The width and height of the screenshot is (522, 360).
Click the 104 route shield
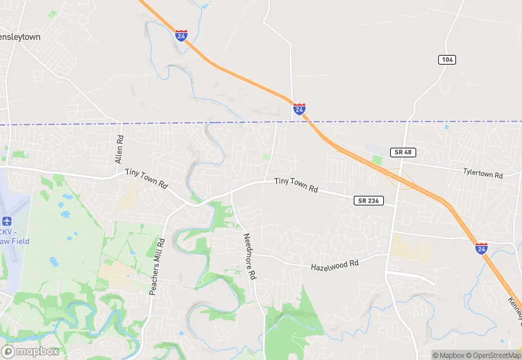(x=447, y=60)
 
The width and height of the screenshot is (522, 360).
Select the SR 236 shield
(x=366, y=201)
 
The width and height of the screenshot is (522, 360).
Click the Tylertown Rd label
(x=483, y=173)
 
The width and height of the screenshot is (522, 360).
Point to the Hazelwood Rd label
(x=334, y=265)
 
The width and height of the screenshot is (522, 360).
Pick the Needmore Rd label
(x=249, y=256)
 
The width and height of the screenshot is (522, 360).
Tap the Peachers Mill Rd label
(x=157, y=266)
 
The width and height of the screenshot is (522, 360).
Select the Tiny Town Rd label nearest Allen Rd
(x=146, y=178)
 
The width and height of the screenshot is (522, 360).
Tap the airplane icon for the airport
(x=8, y=221)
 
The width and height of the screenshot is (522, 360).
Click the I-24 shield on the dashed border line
(x=299, y=109)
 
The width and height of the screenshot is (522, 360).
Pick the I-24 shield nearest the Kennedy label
(x=481, y=247)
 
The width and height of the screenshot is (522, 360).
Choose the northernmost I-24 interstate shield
(x=181, y=35)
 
